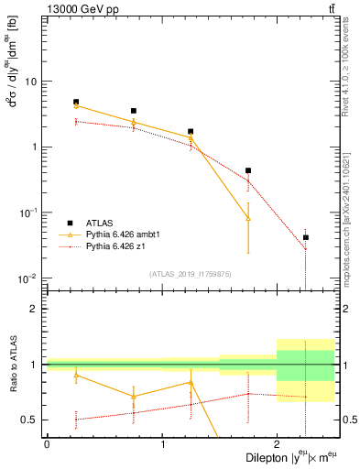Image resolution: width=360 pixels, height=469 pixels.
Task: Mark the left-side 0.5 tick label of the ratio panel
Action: (30, 420)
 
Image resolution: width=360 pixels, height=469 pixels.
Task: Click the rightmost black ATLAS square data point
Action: (306, 237)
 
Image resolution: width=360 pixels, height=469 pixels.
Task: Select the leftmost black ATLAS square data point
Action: (76, 102)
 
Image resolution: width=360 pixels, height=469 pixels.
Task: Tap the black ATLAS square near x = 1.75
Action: (248, 170)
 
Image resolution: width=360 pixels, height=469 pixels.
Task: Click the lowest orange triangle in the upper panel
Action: (248, 218)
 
